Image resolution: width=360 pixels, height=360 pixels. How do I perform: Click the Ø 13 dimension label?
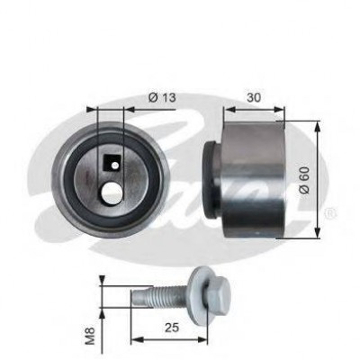[x=162, y=97]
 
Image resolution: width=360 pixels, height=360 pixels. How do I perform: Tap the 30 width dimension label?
[x=254, y=97]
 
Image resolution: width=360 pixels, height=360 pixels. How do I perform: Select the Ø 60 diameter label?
[x=305, y=180]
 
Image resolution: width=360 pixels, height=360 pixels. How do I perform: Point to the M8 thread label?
[x=90, y=335]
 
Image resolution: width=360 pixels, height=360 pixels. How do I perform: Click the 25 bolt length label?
[x=172, y=328]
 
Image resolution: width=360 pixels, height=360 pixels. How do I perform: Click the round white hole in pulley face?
[x=112, y=193]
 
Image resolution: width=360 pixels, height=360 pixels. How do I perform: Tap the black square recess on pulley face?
[x=112, y=163]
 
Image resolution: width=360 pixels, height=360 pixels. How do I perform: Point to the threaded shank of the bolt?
[x=160, y=297]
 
